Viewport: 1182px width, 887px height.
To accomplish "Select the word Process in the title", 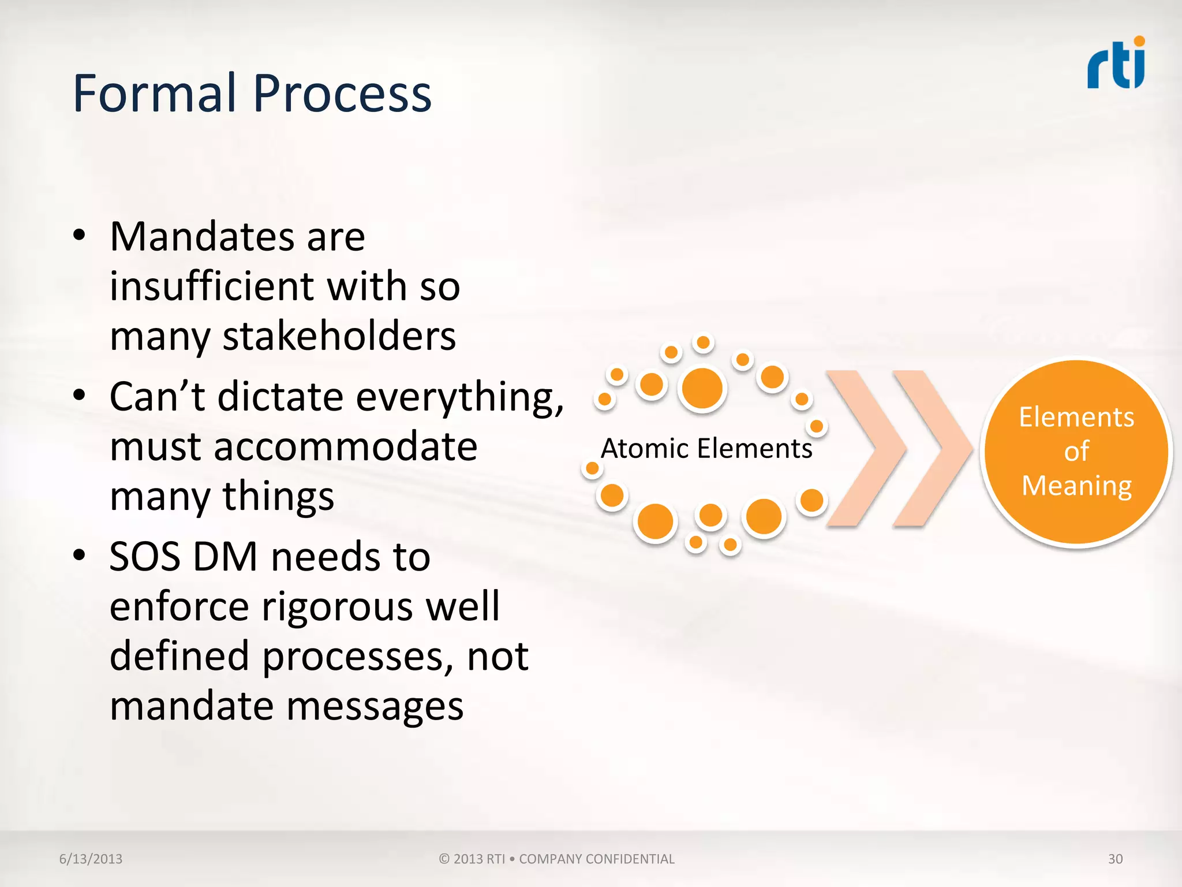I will (x=342, y=94).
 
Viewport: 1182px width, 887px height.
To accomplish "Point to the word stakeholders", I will (x=339, y=336).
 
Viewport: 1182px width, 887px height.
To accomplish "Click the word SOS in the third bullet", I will (x=144, y=557).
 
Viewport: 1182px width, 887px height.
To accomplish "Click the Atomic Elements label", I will (x=706, y=449).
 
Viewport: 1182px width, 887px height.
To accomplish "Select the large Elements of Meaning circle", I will (x=1076, y=452).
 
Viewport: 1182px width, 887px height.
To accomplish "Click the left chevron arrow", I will (x=866, y=449).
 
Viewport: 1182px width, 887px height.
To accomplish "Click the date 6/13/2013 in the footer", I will (x=91, y=859).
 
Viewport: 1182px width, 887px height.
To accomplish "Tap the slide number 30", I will (x=1115, y=859).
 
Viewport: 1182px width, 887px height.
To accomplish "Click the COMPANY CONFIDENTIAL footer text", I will (x=596, y=859).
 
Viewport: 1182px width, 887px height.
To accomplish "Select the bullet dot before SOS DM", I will (x=80, y=556).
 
